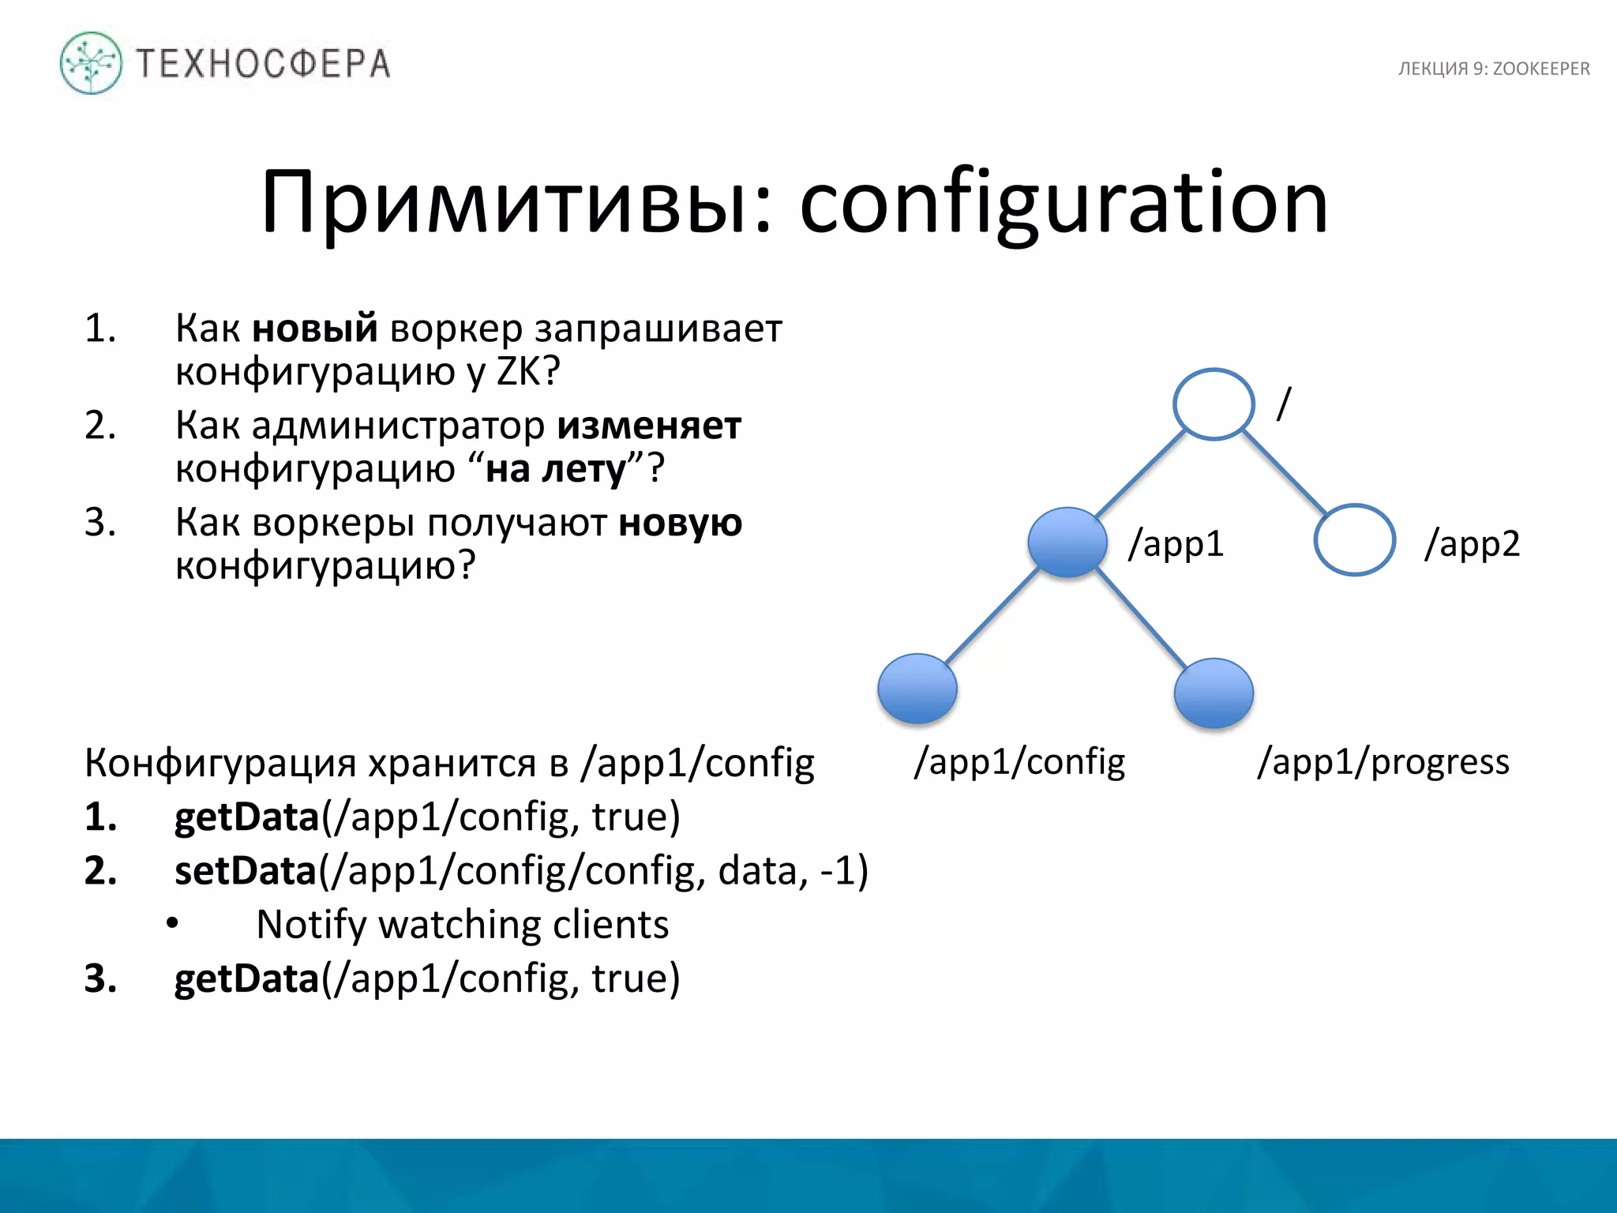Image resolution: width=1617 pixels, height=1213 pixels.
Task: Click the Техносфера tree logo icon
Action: (x=91, y=63)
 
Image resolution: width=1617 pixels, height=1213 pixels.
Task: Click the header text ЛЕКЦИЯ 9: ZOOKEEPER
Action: (x=1494, y=69)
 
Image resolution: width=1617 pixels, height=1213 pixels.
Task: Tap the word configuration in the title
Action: (x=1064, y=203)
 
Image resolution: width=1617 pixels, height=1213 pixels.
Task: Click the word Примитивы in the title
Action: (x=516, y=203)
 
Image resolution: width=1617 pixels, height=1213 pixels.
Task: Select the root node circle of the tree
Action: (x=1214, y=404)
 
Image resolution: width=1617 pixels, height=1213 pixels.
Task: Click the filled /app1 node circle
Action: (x=1067, y=542)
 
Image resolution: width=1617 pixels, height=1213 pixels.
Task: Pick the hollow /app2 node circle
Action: (x=1354, y=539)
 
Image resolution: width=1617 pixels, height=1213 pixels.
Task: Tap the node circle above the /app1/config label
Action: (x=917, y=688)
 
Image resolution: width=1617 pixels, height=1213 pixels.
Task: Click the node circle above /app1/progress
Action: (x=1214, y=693)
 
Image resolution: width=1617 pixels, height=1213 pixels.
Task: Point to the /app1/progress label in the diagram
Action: (x=1383, y=762)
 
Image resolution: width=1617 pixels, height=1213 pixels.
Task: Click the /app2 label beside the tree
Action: (x=1473, y=543)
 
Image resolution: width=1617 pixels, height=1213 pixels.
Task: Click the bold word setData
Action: (x=246, y=870)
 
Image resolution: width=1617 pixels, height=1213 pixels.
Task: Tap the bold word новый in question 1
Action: (x=315, y=328)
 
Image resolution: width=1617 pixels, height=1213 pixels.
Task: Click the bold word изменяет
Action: (x=649, y=426)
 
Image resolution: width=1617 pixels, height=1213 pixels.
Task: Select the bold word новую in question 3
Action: (x=680, y=523)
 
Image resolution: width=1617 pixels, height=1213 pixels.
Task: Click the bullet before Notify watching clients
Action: (x=173, y=924)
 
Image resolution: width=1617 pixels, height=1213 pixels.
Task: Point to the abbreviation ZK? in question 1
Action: (x=528, y=370)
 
